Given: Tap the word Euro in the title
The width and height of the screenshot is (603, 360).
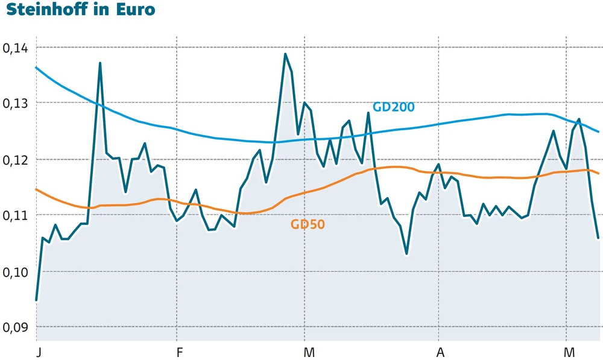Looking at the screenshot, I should (136, 10).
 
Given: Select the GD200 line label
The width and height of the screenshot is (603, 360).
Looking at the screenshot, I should (393, 107).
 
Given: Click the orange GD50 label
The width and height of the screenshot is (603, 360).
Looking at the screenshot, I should (308, 225).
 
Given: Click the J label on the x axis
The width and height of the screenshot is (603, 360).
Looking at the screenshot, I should (38, 351).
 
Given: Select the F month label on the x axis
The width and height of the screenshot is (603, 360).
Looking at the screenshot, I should (178, 351).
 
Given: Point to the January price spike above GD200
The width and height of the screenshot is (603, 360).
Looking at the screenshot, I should (100, 63).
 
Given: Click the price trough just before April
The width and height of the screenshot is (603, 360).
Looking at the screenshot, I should (407, 254).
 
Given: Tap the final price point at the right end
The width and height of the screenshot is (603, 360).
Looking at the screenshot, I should (598, 238).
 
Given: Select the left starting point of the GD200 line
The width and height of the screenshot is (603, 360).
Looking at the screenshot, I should (36, 67).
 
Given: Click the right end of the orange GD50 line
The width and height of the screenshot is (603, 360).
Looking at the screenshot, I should (598, 174).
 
